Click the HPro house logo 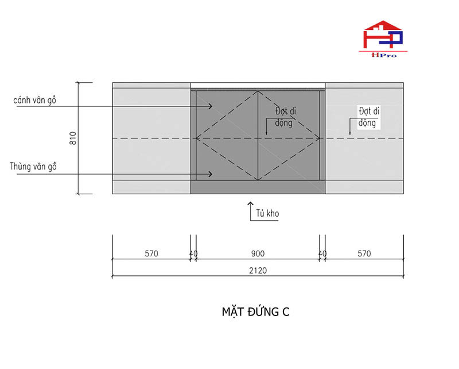click(383, 39)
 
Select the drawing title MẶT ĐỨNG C click(255, 312)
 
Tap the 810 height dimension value click(73, 138)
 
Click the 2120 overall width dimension click(258, 271)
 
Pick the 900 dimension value click(258, 253)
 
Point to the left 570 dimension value click(151, 253)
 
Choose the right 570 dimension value click(364, 253)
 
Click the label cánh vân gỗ click(35, 100)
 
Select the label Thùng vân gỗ click(33, 166)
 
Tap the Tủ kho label click(267, 213)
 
